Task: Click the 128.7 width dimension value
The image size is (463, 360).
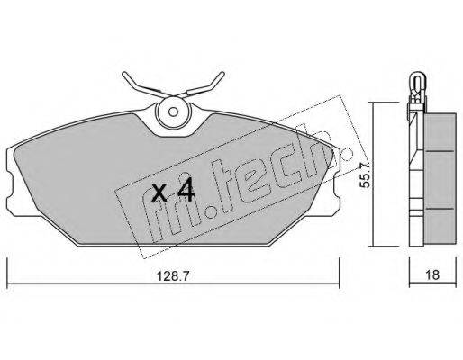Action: click(173, 275)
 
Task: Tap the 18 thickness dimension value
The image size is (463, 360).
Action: click(432, 275)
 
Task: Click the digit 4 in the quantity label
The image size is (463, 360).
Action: click(186, 191)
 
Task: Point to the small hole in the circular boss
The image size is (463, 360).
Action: click(173, 112)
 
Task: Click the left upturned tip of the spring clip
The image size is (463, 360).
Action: click(124, 75)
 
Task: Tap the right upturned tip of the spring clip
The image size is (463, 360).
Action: click(222, 75)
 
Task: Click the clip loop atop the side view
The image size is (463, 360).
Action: click(417, 80)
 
